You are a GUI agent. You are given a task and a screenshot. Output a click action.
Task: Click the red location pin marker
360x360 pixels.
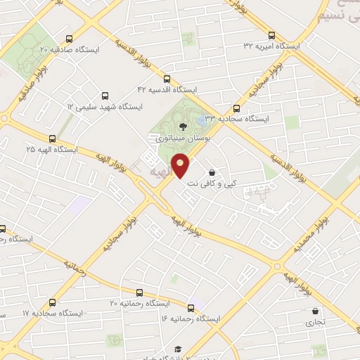click(x=181, y=167)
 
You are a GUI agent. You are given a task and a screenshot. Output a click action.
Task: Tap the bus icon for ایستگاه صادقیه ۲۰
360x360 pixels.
click(x=68, y=39)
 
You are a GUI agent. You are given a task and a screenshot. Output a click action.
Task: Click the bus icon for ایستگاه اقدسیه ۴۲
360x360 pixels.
click(x=167, y=79)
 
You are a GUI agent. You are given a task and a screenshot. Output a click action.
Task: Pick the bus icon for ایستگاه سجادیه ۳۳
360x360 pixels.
click(x=236, y=108)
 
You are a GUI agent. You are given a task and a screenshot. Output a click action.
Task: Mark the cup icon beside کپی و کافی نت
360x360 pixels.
click(x=212, y=172)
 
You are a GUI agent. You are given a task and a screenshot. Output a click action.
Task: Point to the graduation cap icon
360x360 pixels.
click(x=178, y=349)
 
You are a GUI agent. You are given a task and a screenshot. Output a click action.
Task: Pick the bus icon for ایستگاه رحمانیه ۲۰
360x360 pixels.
click(x=139, y=292)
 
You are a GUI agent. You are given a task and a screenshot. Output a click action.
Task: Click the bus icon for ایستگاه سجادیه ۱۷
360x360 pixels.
click(x=52, y=302)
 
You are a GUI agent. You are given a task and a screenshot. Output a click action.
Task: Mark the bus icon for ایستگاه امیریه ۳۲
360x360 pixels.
click(x=272, y=34)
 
